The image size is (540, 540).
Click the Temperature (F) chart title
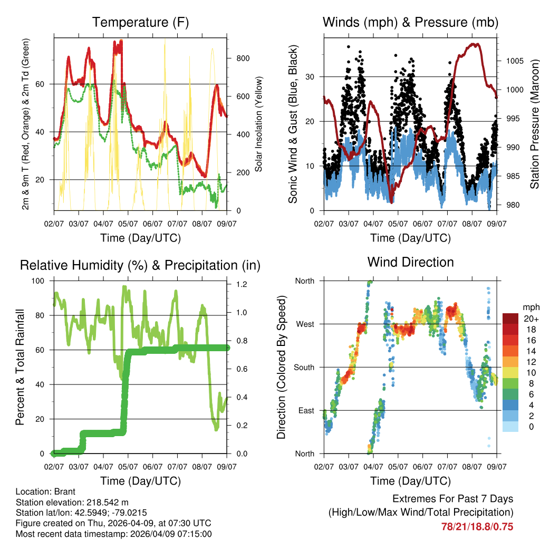(140, 23)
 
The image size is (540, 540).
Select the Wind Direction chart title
(410, 262)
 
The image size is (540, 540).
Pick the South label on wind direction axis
(304, 367)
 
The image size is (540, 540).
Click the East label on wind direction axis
(305, 410)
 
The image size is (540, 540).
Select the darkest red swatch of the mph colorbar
(512, 319)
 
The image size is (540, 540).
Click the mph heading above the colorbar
(530, 307)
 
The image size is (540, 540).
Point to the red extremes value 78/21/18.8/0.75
(477, 526)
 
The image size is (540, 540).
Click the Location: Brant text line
(46, 491)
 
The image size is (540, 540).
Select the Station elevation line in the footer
(72, 502)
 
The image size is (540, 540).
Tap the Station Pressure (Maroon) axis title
(534, 124)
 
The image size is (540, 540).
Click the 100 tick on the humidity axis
(39, 281)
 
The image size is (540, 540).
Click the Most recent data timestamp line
(113, 534)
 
